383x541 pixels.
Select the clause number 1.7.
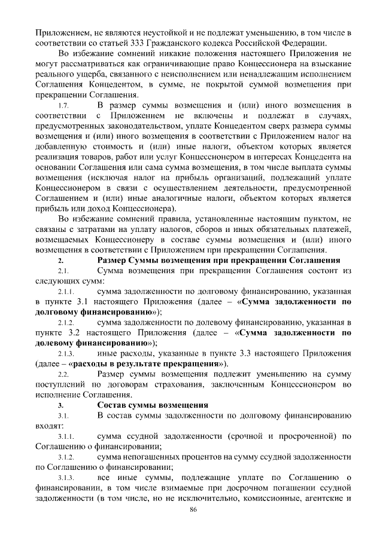point(62,106)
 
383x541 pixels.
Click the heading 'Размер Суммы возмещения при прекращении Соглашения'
point(218,261)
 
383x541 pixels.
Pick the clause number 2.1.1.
point(65,292)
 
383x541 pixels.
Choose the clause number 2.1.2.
point(65,323)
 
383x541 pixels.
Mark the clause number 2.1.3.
point(65,354)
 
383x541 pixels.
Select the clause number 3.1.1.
point(65,436)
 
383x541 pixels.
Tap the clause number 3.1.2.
point(65,457)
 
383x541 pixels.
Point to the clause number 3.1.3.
point(65,478)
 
